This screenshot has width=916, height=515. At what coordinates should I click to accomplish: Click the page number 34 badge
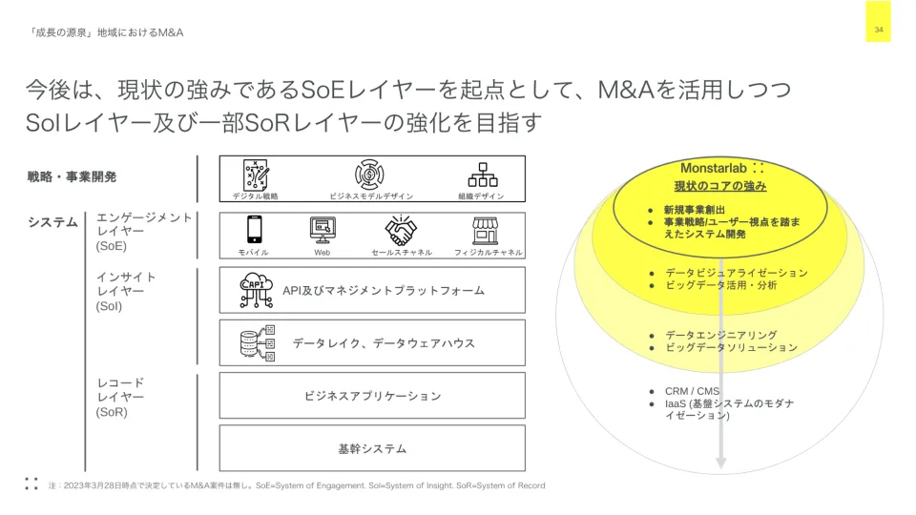pyautogui.click(x=878, y=31)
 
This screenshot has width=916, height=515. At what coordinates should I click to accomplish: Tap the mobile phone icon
pyautogui.click(x=255, y=230)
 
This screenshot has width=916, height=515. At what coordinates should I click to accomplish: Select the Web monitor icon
pyautogui.click(x=323, y=230)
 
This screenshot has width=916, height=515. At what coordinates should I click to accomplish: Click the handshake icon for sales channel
pyautogui.click(x=401, y=230)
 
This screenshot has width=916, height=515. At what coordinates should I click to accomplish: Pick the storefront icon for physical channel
pyautogui.click(x=487, y=230)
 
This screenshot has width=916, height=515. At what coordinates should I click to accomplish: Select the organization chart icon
pyautogui.click(x=482, y=175)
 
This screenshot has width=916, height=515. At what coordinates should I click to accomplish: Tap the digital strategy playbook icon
pyautogui.click(x=256, y=175)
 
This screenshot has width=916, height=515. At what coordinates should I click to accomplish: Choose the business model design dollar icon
pyautogui.click(x=370, y=175)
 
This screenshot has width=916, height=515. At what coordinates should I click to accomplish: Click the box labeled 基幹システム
pyautogui.click(x=372, y=448)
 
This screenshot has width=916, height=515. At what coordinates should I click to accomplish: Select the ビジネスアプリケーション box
pyautogui.click(x=372, y=396)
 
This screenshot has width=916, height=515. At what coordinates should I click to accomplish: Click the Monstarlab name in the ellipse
pyautogui.click(x=713, y=168)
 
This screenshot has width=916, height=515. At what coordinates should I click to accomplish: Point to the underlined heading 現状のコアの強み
pyautogui.click(x=720, y=186)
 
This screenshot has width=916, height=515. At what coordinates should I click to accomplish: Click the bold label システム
pyautogui.click(x=52, y=222)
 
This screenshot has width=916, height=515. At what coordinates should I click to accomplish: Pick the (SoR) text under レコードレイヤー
pyautogui.click(x=112, y=412)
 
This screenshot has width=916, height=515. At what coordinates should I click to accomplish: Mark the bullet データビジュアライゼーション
pyautogui.click(x=736, y=273)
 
